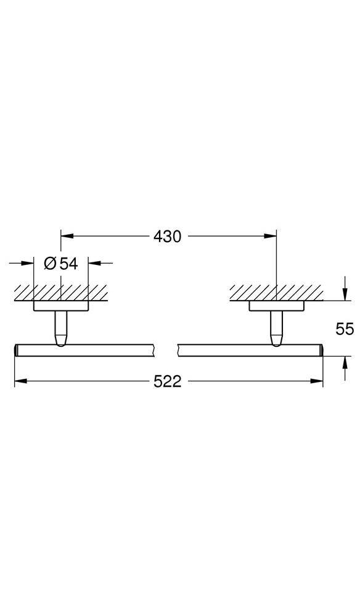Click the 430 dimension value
[168, 237]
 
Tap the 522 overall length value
[168, 381]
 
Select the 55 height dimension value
[345, 328]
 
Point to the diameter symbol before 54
[51, 263]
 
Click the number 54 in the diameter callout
[69, 263]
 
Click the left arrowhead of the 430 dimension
[67, 236]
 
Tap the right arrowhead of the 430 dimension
[270, 236]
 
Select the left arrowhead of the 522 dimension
[21, 381]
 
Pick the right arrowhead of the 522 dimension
[316, 381]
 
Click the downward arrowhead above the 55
[345, 294]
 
